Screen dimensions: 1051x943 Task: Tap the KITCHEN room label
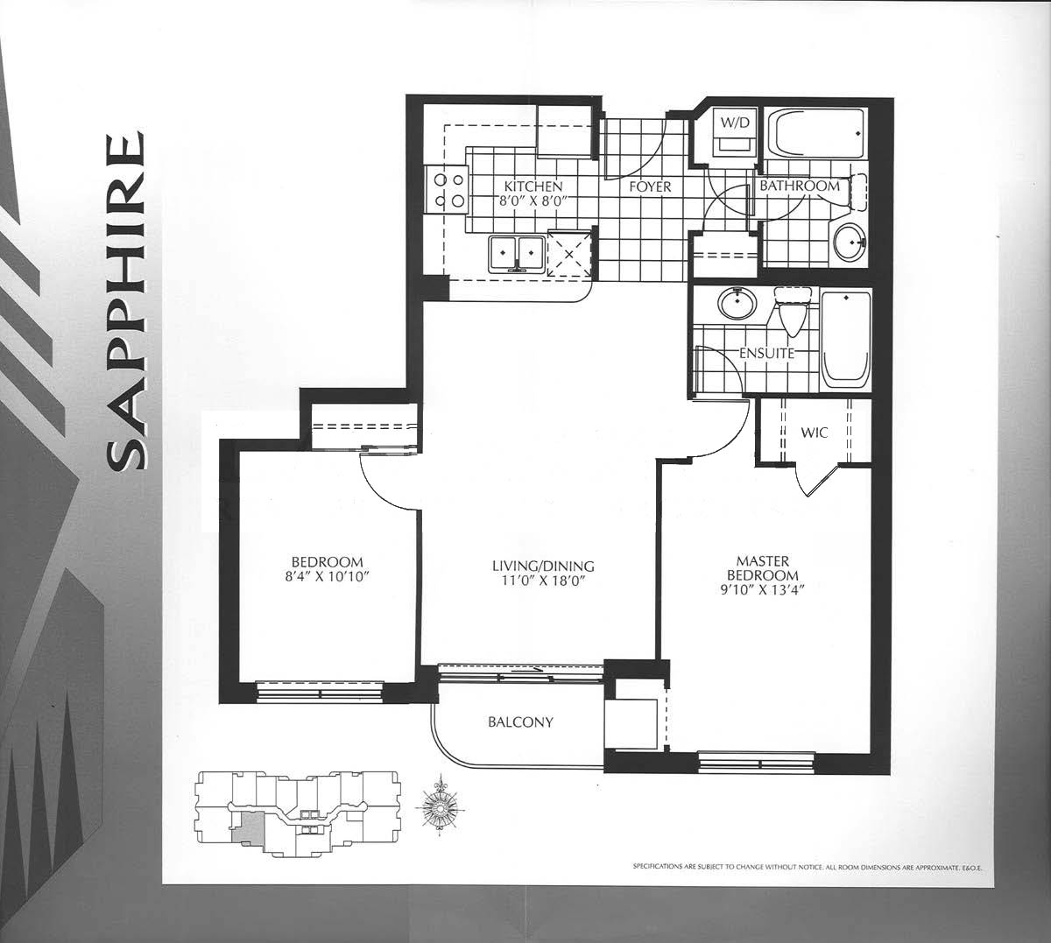coord(533,186)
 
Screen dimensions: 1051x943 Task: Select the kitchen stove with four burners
coord(448,189)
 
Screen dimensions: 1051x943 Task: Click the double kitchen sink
coord(516,254)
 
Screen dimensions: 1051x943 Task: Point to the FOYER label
coord(650,186)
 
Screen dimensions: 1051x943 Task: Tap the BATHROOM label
coord(800,186)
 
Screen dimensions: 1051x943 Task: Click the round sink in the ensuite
coord(737,304)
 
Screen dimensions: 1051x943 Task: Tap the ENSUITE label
coord(766,354)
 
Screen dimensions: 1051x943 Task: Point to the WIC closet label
coord(815,432)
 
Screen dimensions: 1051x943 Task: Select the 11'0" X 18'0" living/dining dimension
coord(543,581)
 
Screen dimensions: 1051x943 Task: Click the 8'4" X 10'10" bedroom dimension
coord(327,577)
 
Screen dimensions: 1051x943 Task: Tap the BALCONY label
coord(521,722)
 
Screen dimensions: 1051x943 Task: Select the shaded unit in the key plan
coord(249,828)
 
